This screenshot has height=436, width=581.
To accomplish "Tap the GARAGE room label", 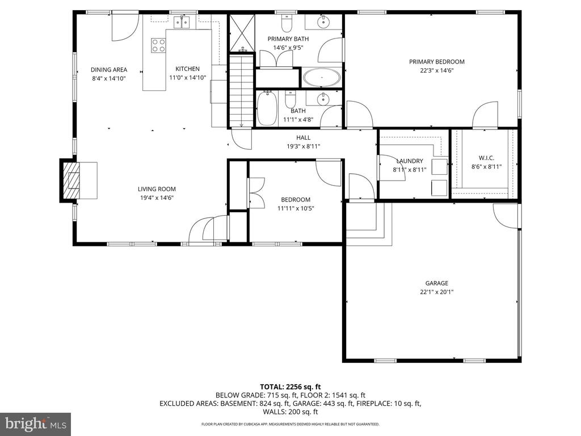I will pyautogui.click(x=437, y=283).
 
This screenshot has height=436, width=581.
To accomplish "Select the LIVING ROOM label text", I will pyautogui.click(x=157, y=189).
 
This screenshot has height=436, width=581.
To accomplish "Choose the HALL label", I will pyautogui.click(x=303, y=137).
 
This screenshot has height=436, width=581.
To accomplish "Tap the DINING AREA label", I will pyautogui.click(x=109, y=70).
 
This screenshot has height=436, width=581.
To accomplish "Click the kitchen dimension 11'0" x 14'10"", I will pyautogui.click(x=187, y=78).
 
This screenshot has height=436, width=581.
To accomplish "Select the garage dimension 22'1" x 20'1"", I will pyautogui.click(x=437, y=292).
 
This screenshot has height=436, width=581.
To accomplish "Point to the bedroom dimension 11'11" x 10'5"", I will pyautogui.click(x=296, y=208).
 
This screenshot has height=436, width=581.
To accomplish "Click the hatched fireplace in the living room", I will pyautogui.click(x=71, y=181).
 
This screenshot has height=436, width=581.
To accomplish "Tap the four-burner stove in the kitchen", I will pyautogui.click(x=158, y=45).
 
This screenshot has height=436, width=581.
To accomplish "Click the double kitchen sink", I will pyautogui.click(x=182, y=22).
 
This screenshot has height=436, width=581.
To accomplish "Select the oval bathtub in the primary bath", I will pyautogui.click(x=322, y=77).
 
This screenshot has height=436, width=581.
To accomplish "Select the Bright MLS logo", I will pyautogui.click(x=35, y=424).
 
